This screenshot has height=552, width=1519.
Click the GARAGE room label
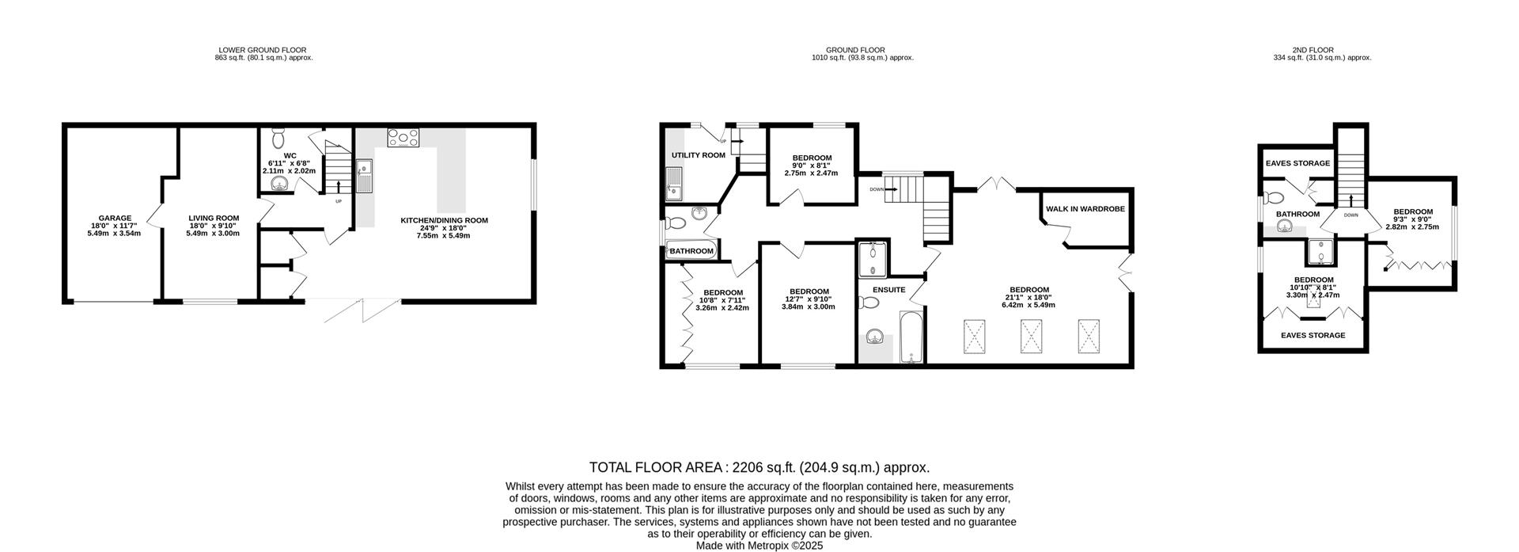point(115,219)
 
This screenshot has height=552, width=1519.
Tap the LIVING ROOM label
point(214,219)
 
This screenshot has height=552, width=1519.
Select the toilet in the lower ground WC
point(278,139)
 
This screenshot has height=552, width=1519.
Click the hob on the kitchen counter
point(403,138)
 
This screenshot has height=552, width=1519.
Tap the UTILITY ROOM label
point(698,155)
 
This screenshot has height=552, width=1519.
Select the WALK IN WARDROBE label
point(1085,209)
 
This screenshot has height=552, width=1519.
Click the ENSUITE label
point(888,290)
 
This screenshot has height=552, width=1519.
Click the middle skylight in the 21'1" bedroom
point(1032,336)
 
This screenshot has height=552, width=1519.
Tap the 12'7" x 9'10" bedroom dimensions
point(809,299)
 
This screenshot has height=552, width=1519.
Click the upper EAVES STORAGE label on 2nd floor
point(1297,164)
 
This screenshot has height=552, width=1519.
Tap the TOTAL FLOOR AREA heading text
point(759,468)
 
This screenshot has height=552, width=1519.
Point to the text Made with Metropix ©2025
point(759,546)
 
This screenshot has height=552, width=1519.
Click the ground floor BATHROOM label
point(692,251)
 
